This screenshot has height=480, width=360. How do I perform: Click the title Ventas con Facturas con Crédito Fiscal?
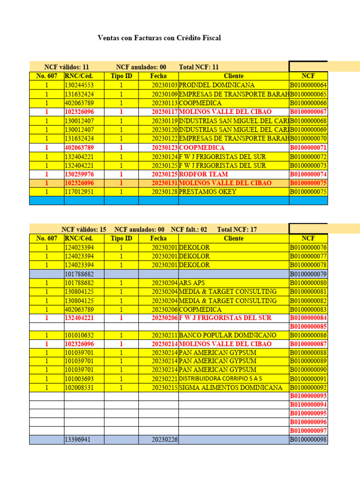click(159, 37)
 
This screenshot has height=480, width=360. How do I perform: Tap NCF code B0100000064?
click(308, 85)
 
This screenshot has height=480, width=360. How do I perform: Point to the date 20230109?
click(165, 94)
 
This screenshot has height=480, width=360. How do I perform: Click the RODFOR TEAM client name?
click(203, 174)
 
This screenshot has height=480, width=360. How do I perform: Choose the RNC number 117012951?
click(79, 192)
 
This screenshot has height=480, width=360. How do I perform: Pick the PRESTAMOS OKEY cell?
click(208, 192)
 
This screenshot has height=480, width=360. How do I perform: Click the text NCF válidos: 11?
click(67, 67)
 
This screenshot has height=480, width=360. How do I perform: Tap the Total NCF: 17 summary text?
click(237, 230)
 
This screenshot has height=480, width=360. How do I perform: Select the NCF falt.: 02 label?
click(189, 230)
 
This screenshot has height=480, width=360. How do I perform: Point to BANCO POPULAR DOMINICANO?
click(228, 336)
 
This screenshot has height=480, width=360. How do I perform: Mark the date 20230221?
click(165, 379)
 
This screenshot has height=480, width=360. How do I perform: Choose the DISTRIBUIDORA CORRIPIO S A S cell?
click(220, 379)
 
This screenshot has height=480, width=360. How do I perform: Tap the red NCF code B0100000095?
click(308, 413)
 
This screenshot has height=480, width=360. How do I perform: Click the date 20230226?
click(165, 440)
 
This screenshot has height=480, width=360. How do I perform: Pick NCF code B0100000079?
click(308, 274)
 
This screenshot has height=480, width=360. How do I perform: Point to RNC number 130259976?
click(79, 174)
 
